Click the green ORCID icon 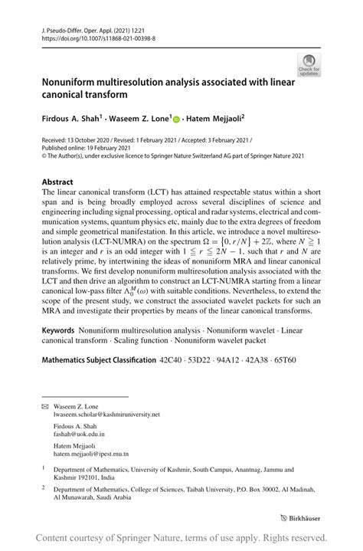(176, 119)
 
